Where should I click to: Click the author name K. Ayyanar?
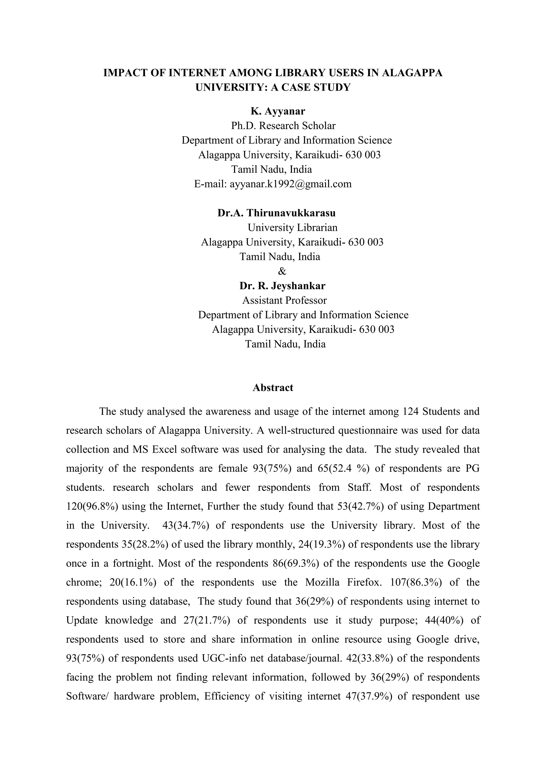pyautogui.click(x=278, y=111)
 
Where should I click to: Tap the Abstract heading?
pyautogui.click(x=273, y=388)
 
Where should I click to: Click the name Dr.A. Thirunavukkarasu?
pyautogui.click(x=276, y=213)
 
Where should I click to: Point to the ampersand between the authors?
pyautogui.click(x=282, y=271)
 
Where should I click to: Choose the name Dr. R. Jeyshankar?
pyautogui.click(x=282, y=286)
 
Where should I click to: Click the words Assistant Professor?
pyautogui.click(x=284, y=300)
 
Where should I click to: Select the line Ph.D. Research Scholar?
pyautogui.click(x=283, y=126)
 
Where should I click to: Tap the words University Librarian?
pyautogui.click(x=292, y=228)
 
